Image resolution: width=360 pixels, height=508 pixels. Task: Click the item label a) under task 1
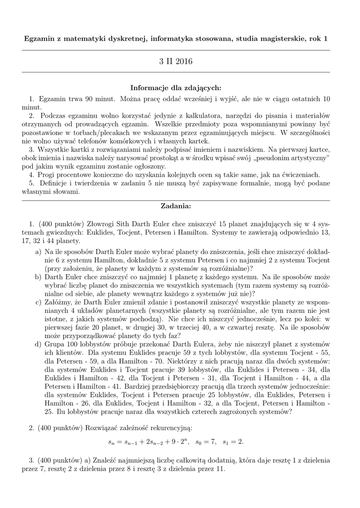(38, 252)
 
